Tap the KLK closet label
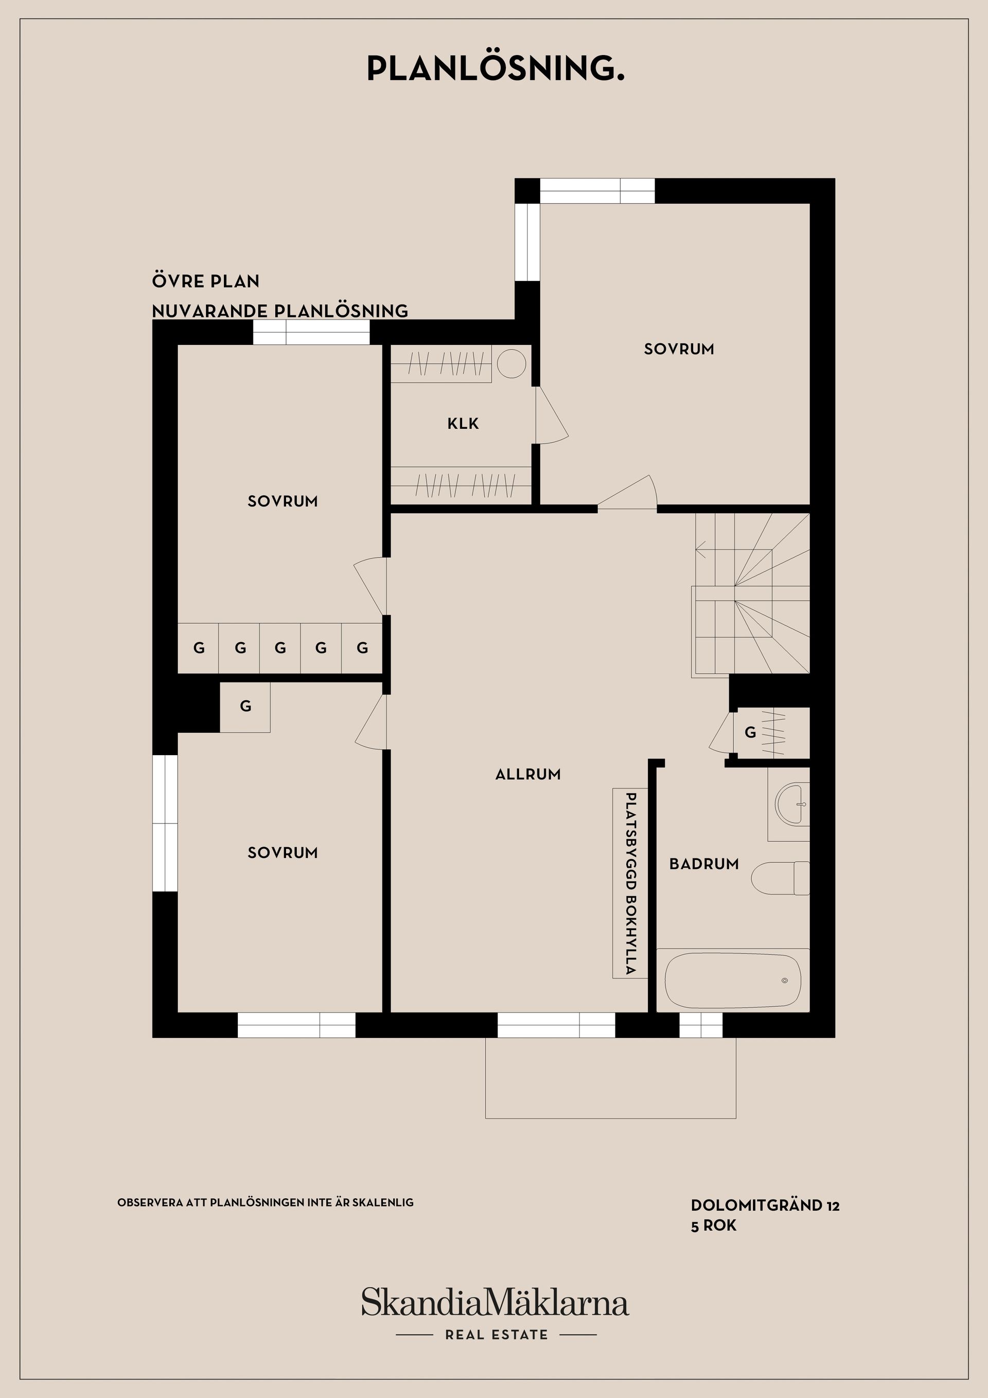point(463,423)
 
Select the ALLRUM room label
point(528,774)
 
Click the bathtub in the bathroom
point(733,981)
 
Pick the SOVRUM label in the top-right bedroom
point(679,349)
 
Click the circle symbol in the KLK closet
point(511,363)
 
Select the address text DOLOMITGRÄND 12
point(765,1205)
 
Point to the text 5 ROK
point(713,1225)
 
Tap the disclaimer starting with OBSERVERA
point(266,1202)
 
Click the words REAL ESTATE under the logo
point(496,1335)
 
